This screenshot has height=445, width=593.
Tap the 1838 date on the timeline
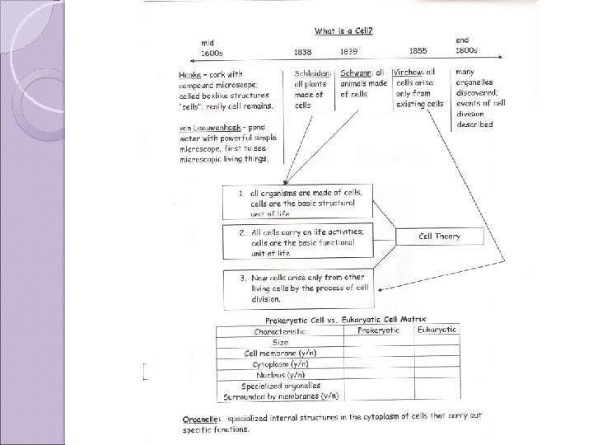(x=303, y=52)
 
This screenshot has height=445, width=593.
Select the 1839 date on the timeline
(x=348, y=52)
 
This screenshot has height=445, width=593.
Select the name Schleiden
(x=311, y=74)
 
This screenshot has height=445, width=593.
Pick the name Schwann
(x=356, y=73)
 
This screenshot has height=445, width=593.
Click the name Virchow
(x=410, y=73)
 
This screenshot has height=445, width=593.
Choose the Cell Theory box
(x=439, y=237)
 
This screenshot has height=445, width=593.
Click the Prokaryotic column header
(x=378, y=330)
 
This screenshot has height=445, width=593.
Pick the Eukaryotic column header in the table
(x=437, y=330)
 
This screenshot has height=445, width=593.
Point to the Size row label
(x=280, y=341)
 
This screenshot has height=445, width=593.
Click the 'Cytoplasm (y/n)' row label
(x=280, y=363)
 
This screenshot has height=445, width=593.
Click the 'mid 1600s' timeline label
(x=212, y=47)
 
